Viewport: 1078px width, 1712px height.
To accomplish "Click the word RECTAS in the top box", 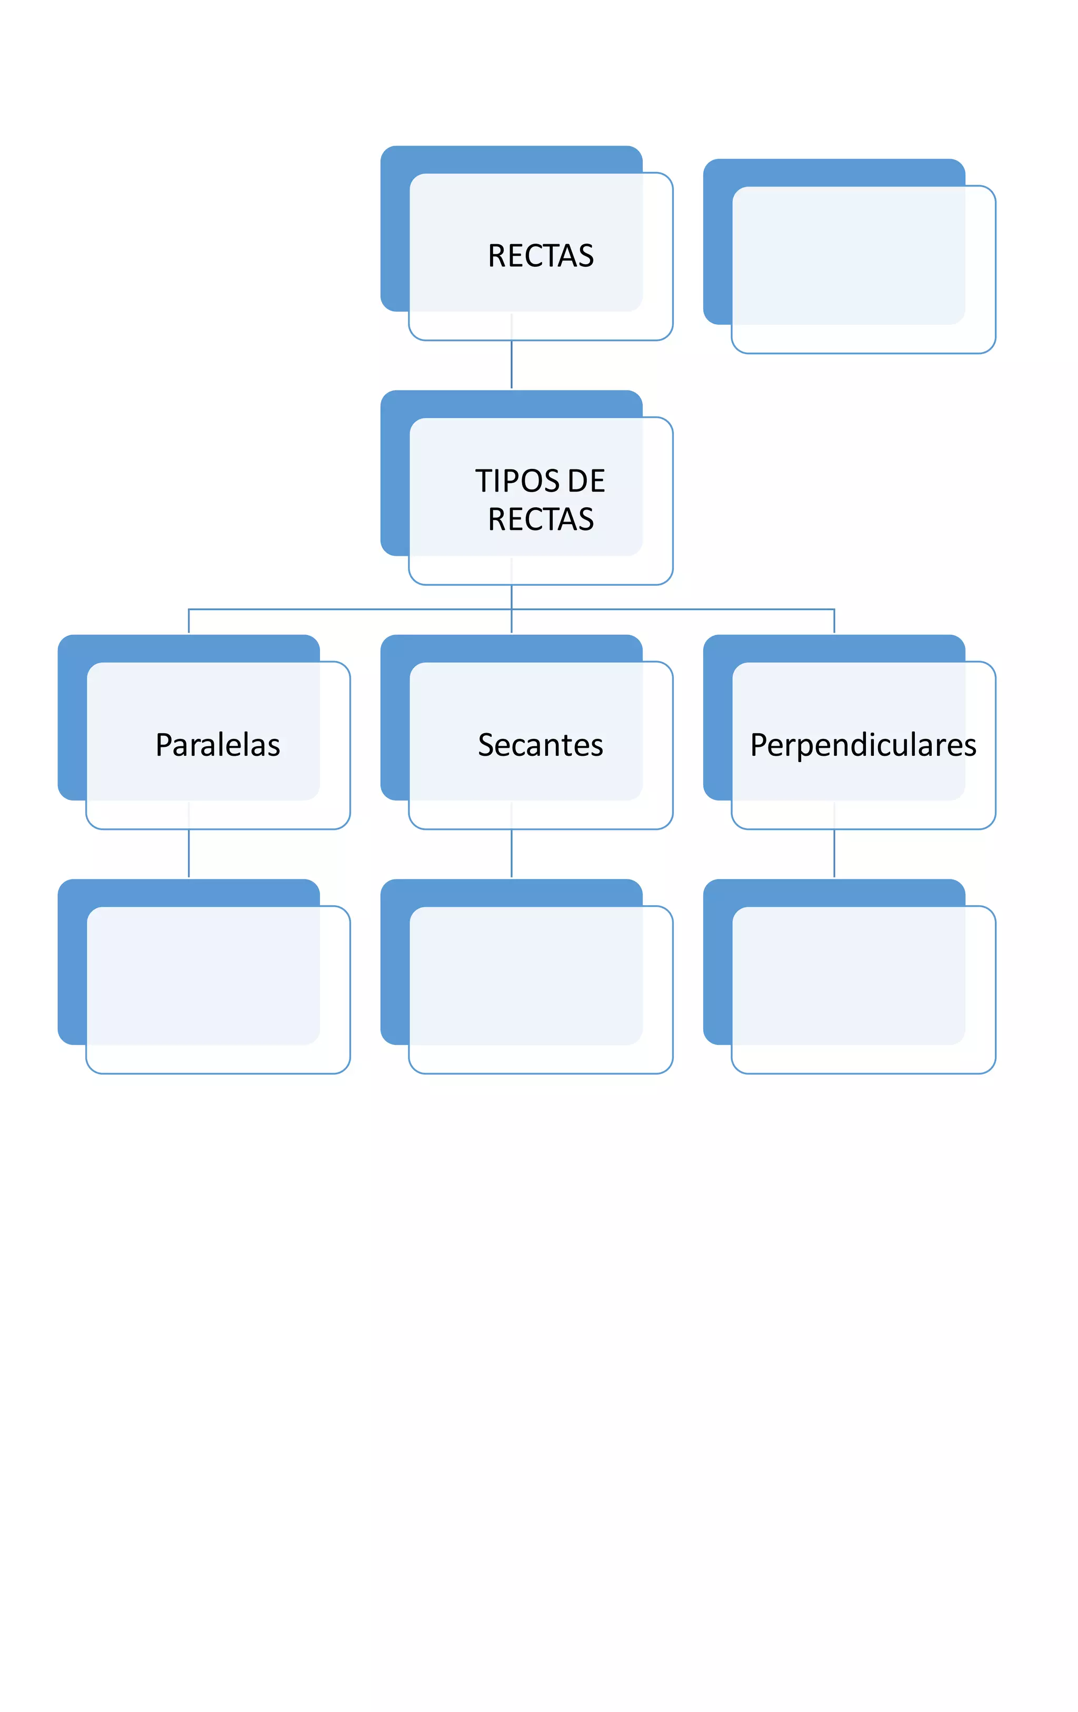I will [541, 256].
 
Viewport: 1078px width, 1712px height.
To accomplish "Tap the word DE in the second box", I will [586, 482].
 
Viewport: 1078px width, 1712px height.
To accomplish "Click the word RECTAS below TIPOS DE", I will [541, 520].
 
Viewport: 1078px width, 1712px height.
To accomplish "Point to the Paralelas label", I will [217, 745].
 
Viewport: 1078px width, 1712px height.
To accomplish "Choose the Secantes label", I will [541, 745].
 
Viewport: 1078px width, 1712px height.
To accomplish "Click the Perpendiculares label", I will [863, 745].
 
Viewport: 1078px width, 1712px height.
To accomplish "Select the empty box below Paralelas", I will [217, 988].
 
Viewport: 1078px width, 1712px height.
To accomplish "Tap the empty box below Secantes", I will [541, 988].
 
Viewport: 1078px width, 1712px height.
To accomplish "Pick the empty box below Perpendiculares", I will [863, 988].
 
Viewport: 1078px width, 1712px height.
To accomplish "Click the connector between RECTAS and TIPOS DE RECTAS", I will [511, 364].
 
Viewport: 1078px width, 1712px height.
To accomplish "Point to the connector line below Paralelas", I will [188, 853].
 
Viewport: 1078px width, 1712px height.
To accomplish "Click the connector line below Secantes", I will [511, 853].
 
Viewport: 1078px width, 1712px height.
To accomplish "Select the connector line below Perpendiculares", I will [834, 853].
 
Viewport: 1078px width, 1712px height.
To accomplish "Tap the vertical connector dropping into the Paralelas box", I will [188, 622].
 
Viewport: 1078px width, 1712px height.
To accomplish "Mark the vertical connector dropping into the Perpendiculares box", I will [834, 622].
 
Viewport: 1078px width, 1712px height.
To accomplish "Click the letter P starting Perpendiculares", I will [760, 745].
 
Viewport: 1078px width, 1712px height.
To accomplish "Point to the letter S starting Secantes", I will [486, 745].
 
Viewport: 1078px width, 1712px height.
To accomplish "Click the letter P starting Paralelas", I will [164, 745].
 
